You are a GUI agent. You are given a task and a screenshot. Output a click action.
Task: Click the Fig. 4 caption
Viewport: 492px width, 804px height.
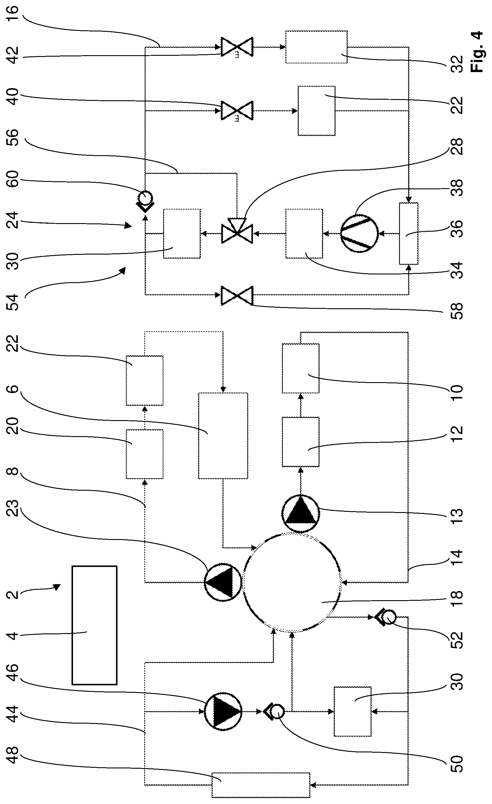tap(477, 52)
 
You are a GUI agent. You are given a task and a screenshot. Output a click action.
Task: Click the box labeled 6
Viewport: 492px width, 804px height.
tap(223, 436)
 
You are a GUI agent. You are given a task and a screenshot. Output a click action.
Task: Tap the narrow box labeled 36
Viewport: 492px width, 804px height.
tap(408, 233)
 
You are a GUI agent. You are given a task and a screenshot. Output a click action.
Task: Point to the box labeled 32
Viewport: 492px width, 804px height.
tap(316, 47)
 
